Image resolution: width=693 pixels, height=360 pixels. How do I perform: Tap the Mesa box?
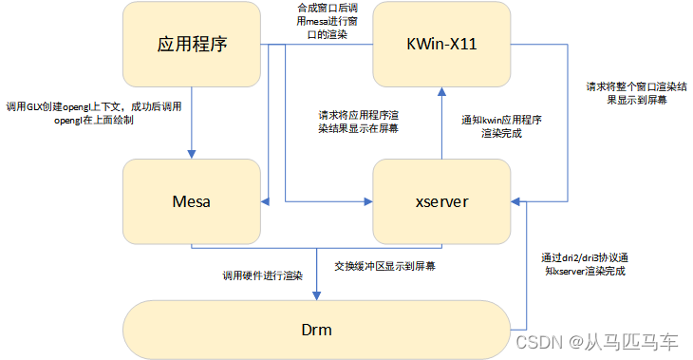click(x=193, y=200)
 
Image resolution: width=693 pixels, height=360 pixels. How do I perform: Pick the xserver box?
click(x=441, y=200)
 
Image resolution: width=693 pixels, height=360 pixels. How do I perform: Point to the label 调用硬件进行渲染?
click(x=262, y=275)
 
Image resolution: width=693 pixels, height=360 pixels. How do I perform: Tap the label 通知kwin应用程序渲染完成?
click(x=500, y=127)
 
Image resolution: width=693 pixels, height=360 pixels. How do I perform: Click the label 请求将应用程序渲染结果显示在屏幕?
click(x=358, y=122)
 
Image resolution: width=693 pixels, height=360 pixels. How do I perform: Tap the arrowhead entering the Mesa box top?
click(x=193, y=154)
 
